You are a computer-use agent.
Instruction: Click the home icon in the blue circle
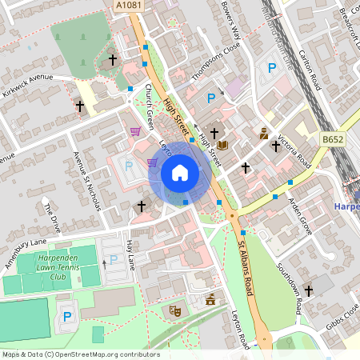180,173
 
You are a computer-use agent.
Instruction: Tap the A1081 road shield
127,6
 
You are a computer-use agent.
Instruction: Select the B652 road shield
333,139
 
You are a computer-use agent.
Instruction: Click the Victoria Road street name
293,149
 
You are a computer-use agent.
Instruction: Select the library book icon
223,145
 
